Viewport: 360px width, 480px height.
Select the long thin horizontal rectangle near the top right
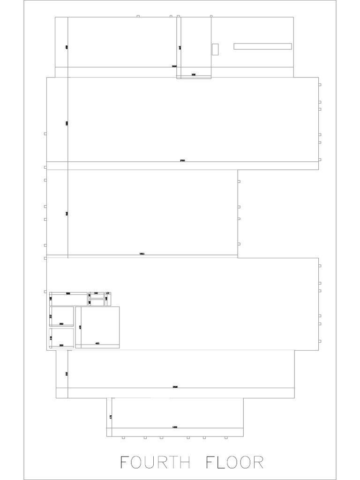[262, 46]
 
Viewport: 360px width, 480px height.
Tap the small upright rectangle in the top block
[215, 49]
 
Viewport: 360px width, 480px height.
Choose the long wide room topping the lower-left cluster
[68, 299]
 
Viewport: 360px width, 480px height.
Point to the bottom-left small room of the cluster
[62, 337]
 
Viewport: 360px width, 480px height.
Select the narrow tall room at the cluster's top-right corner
[108, 299]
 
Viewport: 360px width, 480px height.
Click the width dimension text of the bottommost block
[175, 427]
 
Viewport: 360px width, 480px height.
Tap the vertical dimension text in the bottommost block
[110, 416]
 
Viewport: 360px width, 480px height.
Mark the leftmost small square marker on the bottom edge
[123, 438]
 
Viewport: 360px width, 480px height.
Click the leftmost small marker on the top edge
[138, 16]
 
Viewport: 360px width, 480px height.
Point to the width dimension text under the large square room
[97, 344]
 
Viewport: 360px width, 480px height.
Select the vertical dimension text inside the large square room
[80, 327]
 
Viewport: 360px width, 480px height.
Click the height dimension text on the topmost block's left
[67, 47]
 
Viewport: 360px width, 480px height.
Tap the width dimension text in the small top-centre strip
[194, 75]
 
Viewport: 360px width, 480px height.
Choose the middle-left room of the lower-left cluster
[62, 316]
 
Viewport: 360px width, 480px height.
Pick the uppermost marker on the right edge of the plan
[319, 85]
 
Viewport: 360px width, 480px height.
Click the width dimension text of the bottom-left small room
[61, 345]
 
